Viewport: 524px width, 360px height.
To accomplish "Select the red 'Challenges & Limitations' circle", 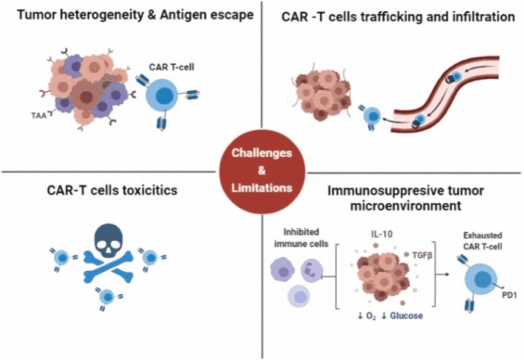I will (x=262, y=170).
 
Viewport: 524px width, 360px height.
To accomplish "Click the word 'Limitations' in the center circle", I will (x=262, y=187).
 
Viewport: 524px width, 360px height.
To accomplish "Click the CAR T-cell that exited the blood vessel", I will (x=373, y=116).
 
